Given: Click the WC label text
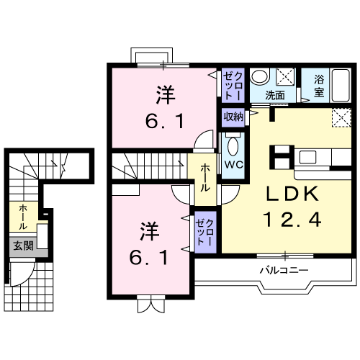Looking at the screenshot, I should point(233,164).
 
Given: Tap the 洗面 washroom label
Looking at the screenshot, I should point(274,94).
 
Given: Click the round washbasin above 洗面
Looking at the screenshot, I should point(261,77).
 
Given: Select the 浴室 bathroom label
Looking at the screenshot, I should point(320,86).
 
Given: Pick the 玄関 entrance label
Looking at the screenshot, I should point(22,246).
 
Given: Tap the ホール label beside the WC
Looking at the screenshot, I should point(204,176).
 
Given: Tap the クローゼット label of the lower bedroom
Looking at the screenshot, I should point(204,231).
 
